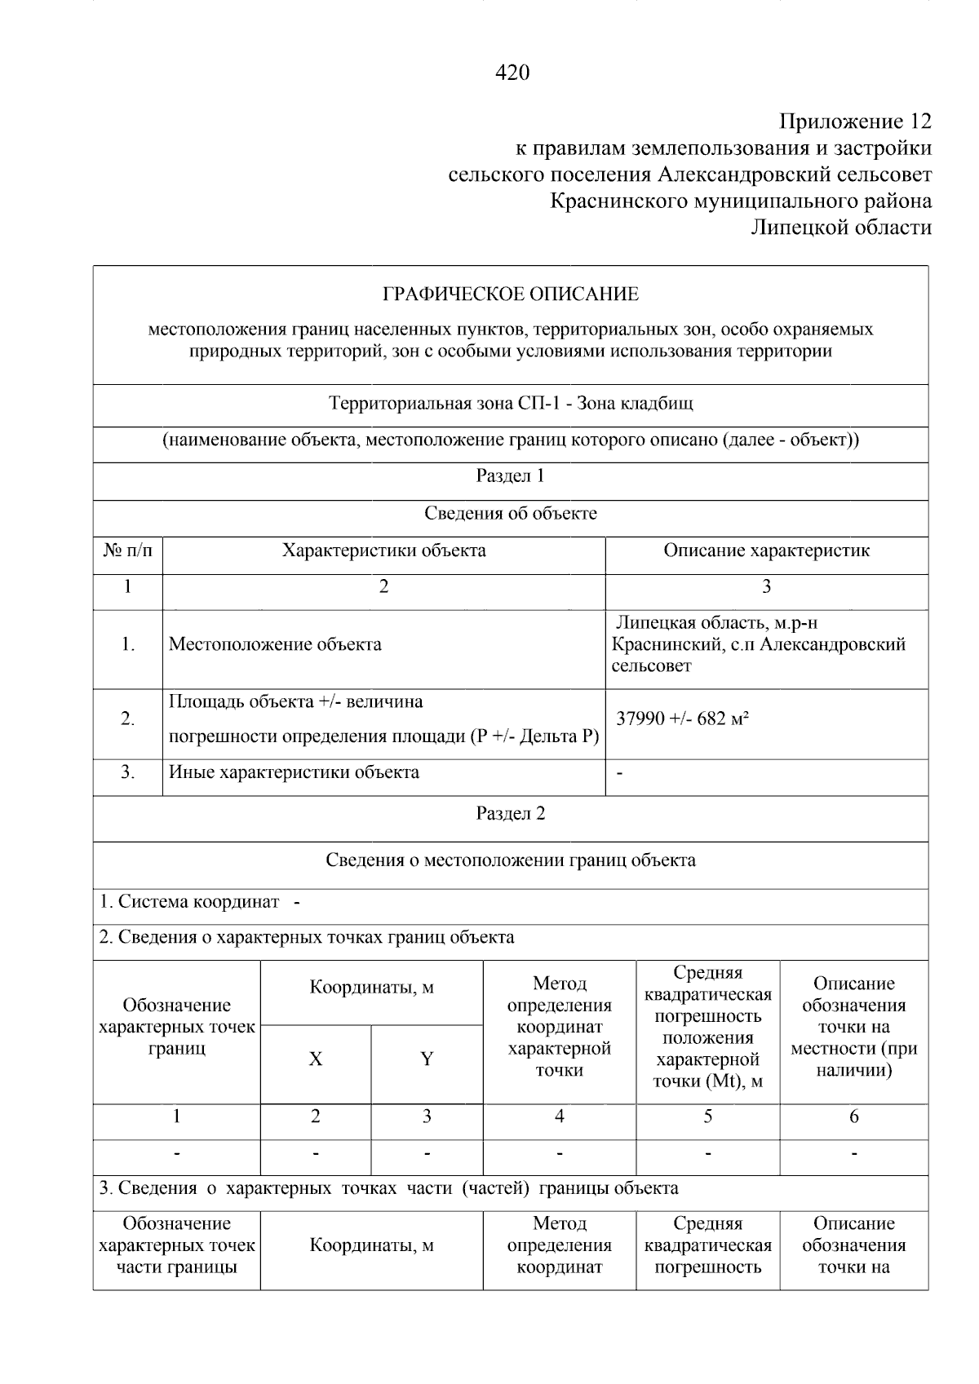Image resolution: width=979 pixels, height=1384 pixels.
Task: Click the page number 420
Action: [x=512, y=73]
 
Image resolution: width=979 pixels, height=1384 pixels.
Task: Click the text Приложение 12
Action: [x=854, y=122]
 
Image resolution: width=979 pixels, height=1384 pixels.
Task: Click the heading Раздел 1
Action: [x=511, y=476]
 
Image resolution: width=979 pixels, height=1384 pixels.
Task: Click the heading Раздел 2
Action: [x=511, y=814]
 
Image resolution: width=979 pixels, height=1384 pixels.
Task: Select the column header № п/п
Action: [x=128, y=551]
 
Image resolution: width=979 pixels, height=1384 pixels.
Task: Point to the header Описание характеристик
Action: [x=766, y=551]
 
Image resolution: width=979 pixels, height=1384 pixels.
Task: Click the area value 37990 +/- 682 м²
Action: [x=683, y=719]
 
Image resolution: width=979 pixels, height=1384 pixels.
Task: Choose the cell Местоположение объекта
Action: [x=275, y=645]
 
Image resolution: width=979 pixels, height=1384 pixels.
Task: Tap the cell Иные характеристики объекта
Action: [x=294, y=772]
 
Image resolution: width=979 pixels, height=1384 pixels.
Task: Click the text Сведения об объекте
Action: [x=511, y=514]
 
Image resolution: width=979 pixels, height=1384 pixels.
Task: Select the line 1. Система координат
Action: [x=189, y=902]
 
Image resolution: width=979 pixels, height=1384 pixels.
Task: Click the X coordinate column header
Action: [x=316, y=1059]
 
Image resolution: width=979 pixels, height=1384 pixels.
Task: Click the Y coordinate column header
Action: [x=427, y=1059]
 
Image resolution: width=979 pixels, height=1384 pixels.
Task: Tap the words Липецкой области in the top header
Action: [x=841, y=228]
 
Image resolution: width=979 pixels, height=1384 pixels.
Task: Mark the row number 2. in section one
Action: [x=128, y=719]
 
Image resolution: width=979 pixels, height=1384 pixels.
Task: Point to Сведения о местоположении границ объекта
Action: [x=511, y=860]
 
